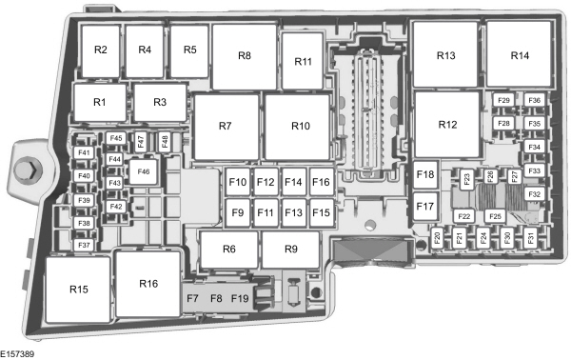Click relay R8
[245, 56]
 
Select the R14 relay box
[519, 54]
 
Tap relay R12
[447, 125]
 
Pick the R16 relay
[148, 284]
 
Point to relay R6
[229, 250]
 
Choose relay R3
[160, 103]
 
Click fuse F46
[143, 171]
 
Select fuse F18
[425, 174]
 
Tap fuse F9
[238, 212]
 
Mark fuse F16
[322, 182]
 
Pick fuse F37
[84, 245]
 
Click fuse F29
[503, 100]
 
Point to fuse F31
[530, 238]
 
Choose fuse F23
[467, 179]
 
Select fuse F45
[116, 138]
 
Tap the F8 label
[216, 298]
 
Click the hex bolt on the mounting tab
[28, 170]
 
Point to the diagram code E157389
[17, 353]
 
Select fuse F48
[165, 141]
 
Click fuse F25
[495, 216]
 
